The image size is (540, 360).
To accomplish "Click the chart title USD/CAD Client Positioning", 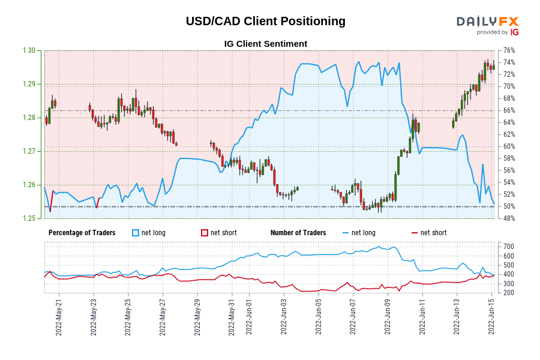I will pyautogui.click(x=265, y=21).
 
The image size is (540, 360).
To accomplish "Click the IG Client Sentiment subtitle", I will pyautogui.click(x=265, y=44).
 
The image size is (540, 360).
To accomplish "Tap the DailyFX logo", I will pyautogui.click(x=487, y=22).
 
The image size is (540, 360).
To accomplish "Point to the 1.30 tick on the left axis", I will pyautogui.click(x=28, y=50).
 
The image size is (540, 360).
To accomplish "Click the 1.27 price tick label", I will pyautogui.click(x=28, y=151).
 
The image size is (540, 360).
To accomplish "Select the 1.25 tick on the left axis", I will pyautogui.click(x=28, y=218).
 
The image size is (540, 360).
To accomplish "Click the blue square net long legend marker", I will pyautogui.click(x=136, y=233).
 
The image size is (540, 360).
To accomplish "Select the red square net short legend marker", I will pyautogui.click(x=205, y=233).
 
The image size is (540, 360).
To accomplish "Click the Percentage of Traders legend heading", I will pyautogui.click(x=82, y=233).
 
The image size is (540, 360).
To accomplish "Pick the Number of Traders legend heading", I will pyautogui.click(x=298, y=233).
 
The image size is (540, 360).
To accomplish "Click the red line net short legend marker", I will pyautogui.click(x=415, y=233).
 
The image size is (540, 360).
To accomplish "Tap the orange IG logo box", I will pyautogui.click(x=515, y=32).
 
